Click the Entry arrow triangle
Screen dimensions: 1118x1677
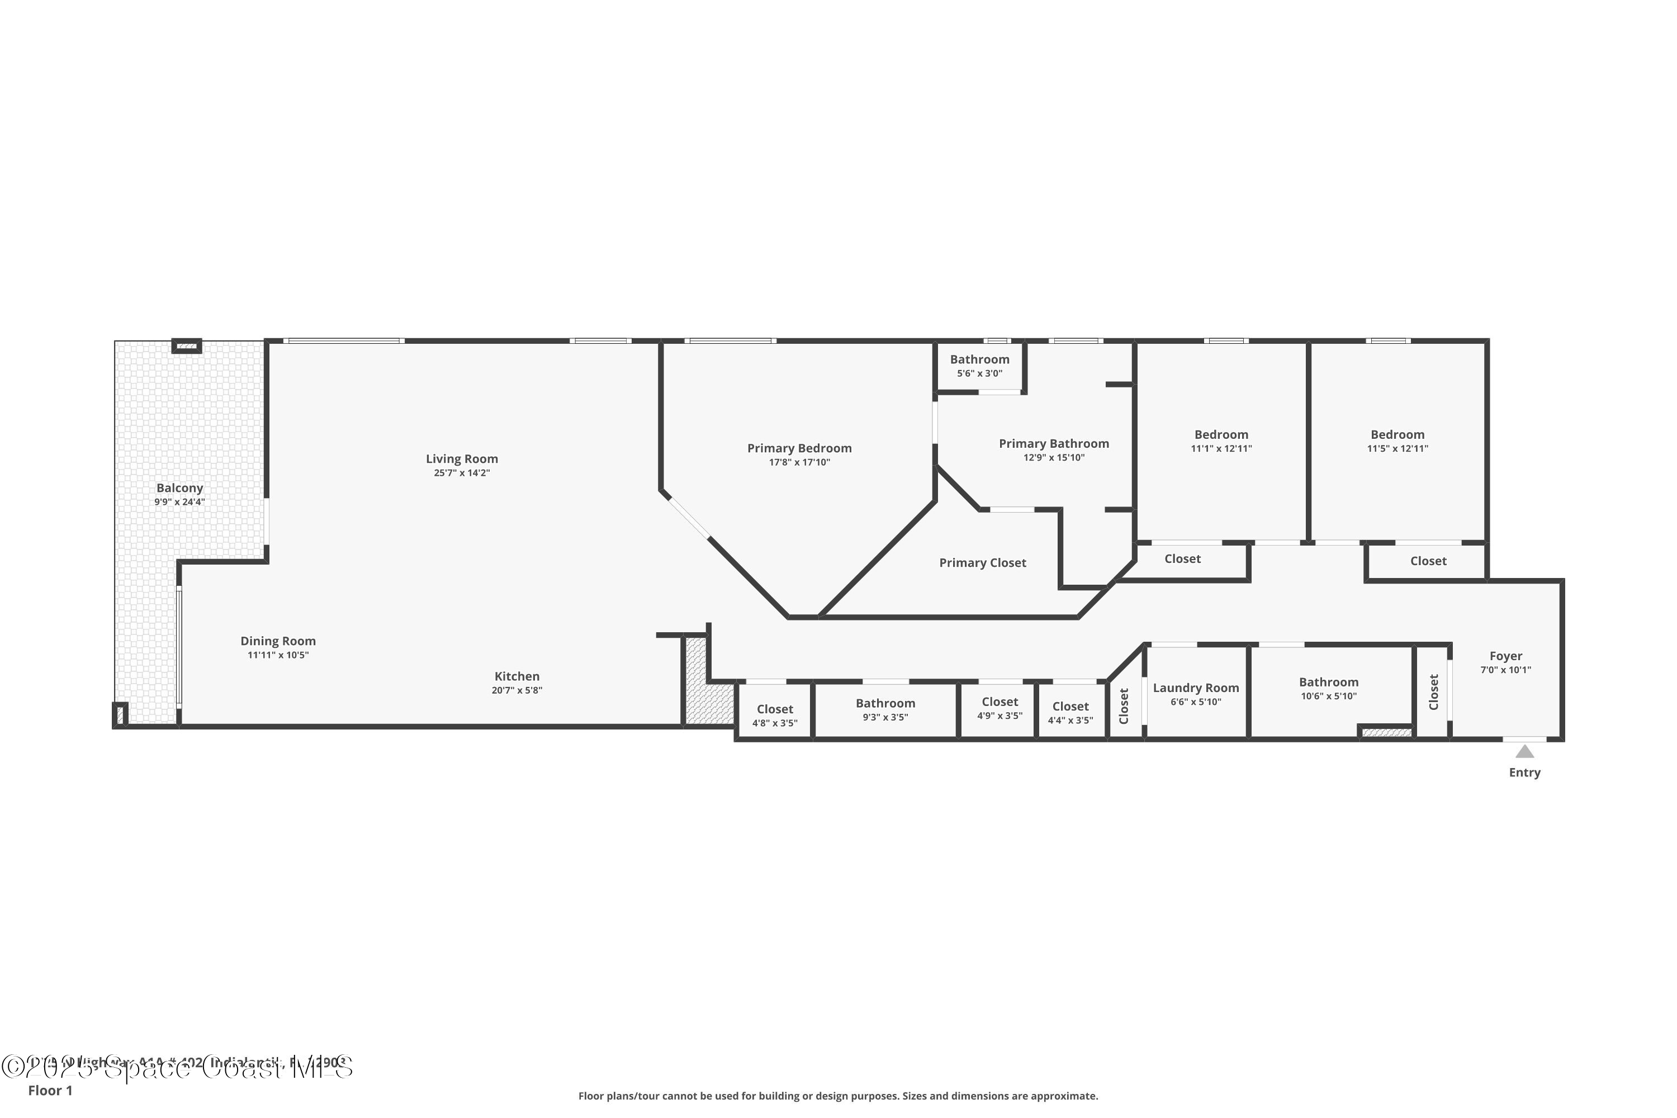click(1524, 751)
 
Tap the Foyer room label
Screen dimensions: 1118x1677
click(1505, 656)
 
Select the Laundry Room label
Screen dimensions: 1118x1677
click(1196, 688)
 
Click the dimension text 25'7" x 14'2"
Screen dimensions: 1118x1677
click(462, 473)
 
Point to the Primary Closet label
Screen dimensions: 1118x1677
click(983, 562)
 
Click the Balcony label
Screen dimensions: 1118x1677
click(179, 487)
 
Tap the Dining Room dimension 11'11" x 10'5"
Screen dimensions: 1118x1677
click(278, 655)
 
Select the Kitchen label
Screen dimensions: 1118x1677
click(517, 676)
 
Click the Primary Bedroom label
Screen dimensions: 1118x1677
click(799, 448)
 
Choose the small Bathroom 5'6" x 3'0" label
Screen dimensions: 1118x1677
click(980, 359)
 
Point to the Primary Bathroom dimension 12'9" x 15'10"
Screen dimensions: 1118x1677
click(1054, 458)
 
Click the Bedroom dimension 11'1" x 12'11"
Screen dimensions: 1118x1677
click(1221, 448)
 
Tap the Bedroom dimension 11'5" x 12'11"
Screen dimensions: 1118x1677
click(1398, 448)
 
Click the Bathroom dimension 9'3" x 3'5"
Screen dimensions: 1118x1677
click(885, 717)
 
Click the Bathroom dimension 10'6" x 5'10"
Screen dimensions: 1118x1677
click(1328, 696)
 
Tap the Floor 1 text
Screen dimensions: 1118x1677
click(50, 1090)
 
